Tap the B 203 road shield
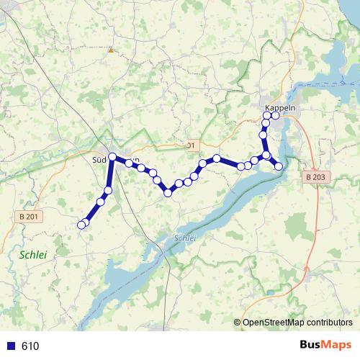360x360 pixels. coord(315,176)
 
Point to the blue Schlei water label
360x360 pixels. coord(185,238)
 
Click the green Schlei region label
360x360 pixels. coord(33,255)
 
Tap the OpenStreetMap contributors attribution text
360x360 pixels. coord(297,323)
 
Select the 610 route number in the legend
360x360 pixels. coord(30,346)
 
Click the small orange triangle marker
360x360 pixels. coord(110,50)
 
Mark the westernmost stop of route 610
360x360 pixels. coord(81,225)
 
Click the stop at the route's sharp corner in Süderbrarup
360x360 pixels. coord(113,156)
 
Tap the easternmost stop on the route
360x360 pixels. coord(279,168)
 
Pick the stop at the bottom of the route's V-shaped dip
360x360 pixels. coord(168,192)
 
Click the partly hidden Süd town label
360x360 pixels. coord(100,159)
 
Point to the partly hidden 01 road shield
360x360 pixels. coord(190,145)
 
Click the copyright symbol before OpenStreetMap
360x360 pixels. coord(238,323)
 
